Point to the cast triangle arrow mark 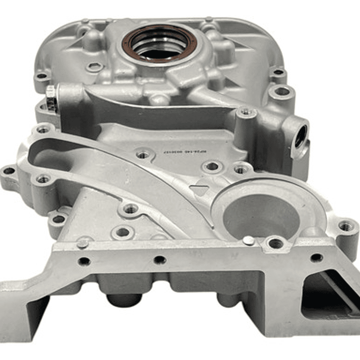click(x=200, y=189)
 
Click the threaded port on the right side click(x=300, y=137)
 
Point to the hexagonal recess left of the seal click(x=94, y=67)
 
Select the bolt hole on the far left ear click(x=9, y=171)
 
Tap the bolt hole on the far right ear click(x=346, y=226)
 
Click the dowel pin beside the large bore click(x=248, y=241)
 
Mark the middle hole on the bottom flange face click(x=160, y=260)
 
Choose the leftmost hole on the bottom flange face click(x=84, y=261)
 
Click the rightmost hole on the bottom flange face click(x=316, y=257)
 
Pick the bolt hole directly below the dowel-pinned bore click(x=275, y=244)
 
